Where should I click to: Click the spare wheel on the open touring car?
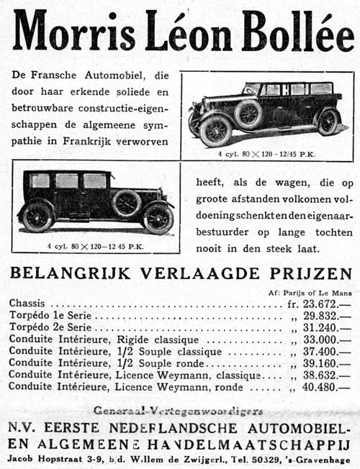pyautogui.click(x=248, y=113)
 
